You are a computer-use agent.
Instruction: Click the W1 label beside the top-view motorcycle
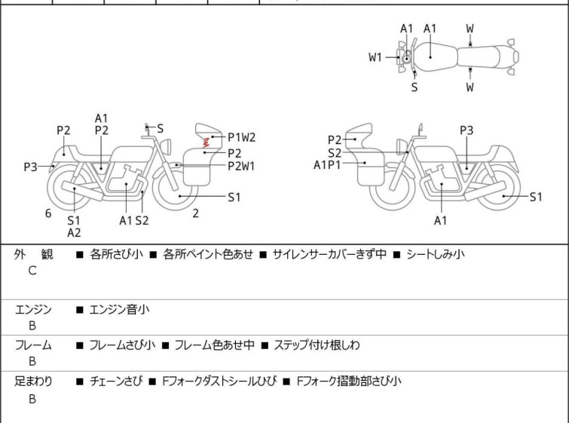point(375,57)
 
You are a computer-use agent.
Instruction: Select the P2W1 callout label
point(241,167)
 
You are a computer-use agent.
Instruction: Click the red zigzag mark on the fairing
point(203,139)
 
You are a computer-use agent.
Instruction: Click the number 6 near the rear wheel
point(48,213)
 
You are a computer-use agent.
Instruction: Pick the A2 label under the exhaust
point(74,233)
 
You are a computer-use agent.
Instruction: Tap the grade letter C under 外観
point(32,270)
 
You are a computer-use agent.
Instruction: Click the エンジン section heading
point(33,309)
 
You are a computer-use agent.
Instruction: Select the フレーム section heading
point(33,345)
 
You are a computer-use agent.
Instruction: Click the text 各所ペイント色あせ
point(208,254)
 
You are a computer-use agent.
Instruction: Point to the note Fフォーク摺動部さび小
point(350,382)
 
